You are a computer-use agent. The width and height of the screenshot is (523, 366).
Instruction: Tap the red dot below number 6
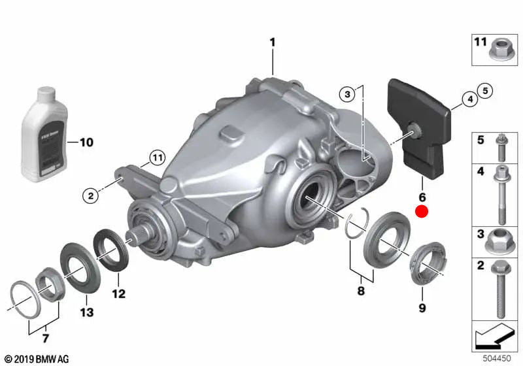tap(422, 211)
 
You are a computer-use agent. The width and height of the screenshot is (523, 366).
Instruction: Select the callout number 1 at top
tap(273, 42)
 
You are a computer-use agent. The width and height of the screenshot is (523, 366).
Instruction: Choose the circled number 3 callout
tap(348, 95)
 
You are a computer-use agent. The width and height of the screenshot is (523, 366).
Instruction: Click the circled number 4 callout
tap(468, 99)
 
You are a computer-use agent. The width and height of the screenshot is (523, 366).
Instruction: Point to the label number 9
tap(422, 308)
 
